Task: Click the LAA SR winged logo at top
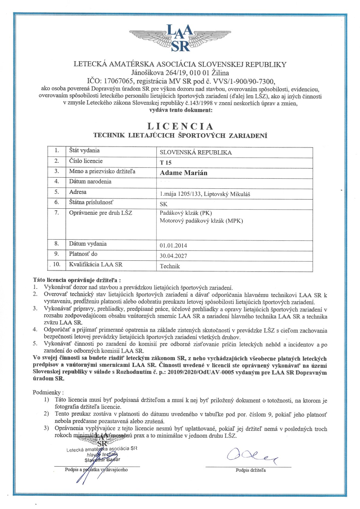(x=180, y=38)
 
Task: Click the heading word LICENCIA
(x=180, y=126)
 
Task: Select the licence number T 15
(x=166, y=163)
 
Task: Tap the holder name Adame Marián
(x=183, y=173)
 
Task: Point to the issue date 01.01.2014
(x=173, y=246)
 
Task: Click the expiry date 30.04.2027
(x=173, y=256)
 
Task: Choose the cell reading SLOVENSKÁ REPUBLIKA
(x=196, y=152)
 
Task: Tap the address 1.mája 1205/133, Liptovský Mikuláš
(x=205, y=194)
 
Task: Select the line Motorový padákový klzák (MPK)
(x=201, y=221)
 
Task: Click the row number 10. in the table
(x=57, y=264)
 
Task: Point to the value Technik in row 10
(x=170, y=266)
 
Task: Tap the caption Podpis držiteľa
(x=251, y=470)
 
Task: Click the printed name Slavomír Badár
(x=103, y=460)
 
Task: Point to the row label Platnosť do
(x=83, y=254)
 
